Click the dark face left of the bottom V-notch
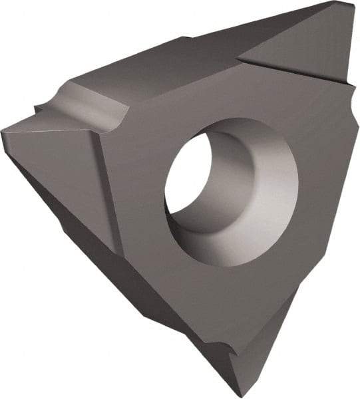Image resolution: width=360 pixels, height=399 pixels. click(200, 332)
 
